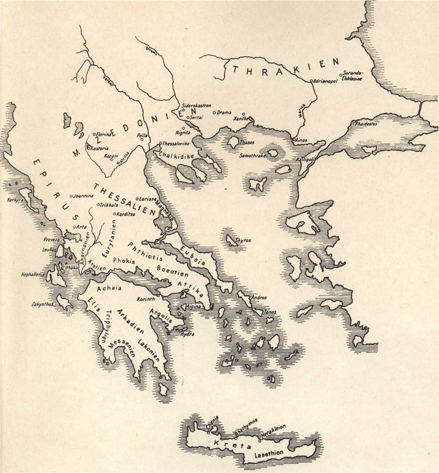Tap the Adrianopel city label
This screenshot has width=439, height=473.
point(327,79)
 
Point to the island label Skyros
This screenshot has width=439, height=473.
point(243,240)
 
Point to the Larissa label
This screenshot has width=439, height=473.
point(148,199)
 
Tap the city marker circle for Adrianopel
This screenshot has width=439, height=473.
point(311,80)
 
